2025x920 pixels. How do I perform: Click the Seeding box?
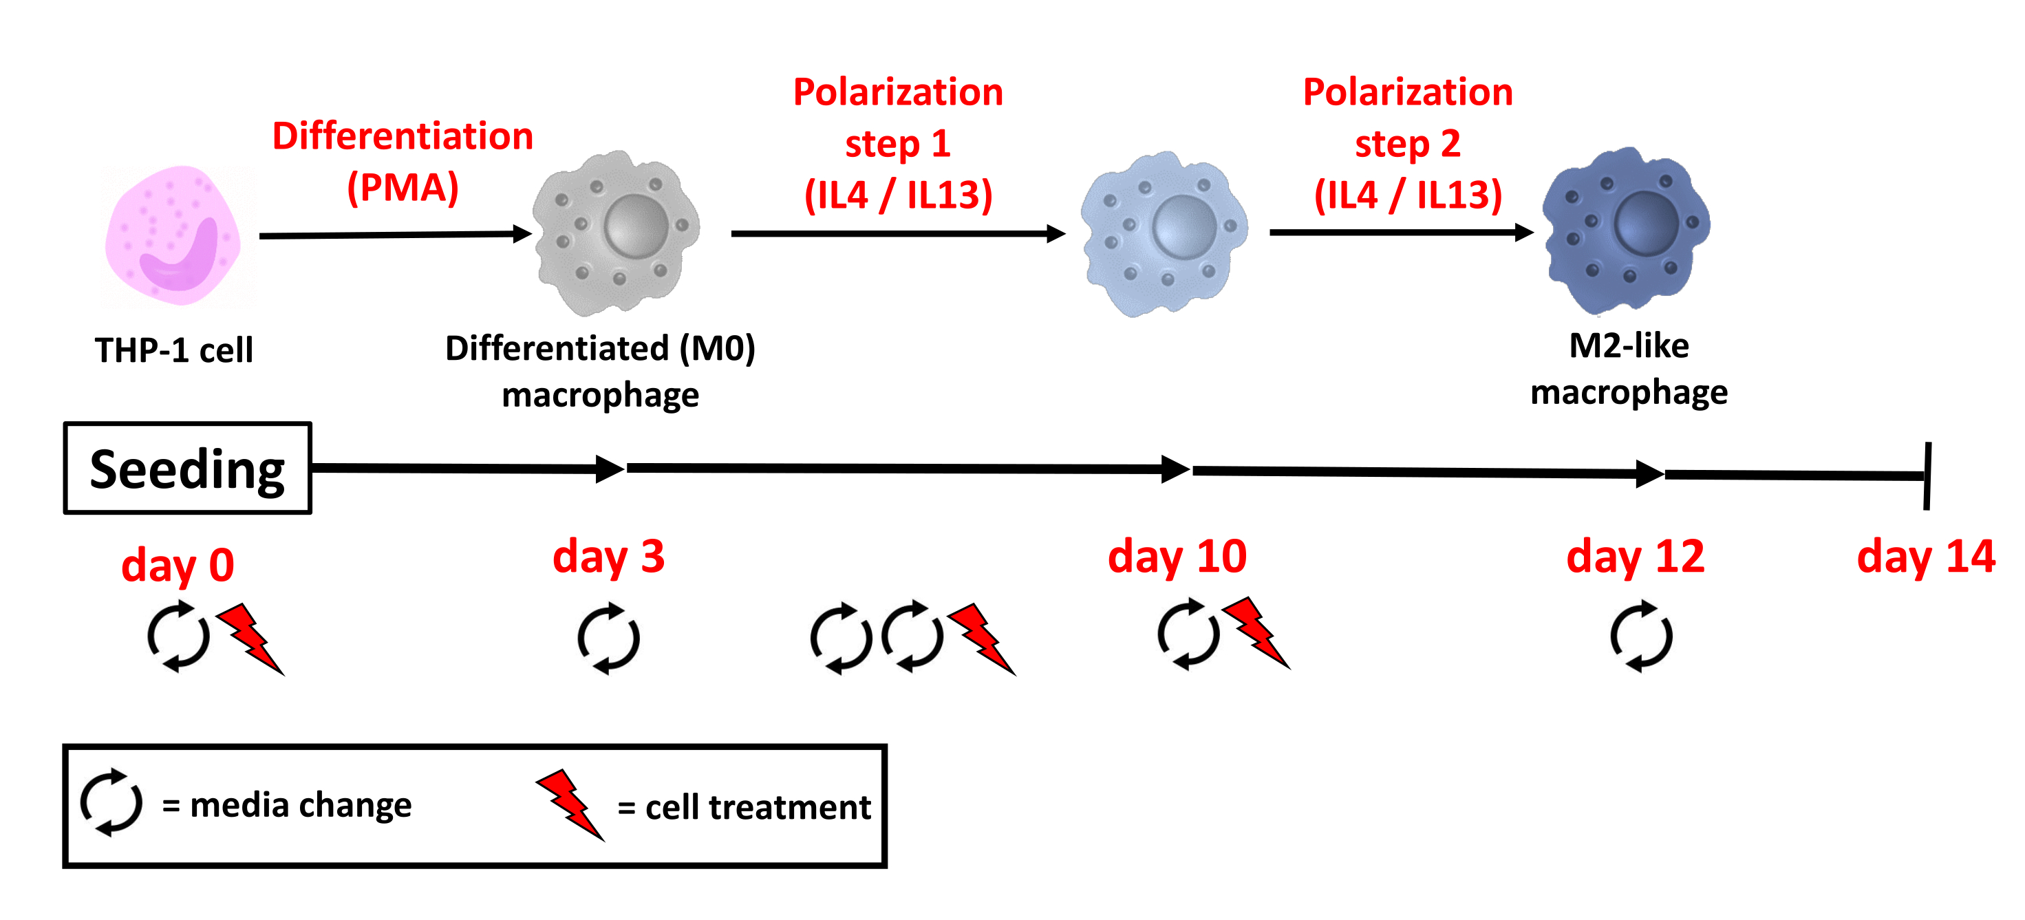[188, 468]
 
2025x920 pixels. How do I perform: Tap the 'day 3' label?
[608, 557]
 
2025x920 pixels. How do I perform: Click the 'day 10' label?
[1177, 557]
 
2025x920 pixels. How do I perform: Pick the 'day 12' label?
[1635, 557]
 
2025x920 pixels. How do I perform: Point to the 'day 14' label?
[1926, 557]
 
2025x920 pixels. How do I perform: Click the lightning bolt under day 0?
[250, 639]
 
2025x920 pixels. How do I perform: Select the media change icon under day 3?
[608, 638]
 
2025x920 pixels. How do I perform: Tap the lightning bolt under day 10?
[1256, 633]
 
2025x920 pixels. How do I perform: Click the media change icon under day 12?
[1641, 635]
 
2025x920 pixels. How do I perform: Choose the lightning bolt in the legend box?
[570, 805]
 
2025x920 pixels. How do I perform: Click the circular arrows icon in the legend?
[111, 802]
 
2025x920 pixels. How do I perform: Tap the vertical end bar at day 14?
[1927, 475]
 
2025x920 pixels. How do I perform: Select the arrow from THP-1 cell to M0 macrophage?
[396, 235]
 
